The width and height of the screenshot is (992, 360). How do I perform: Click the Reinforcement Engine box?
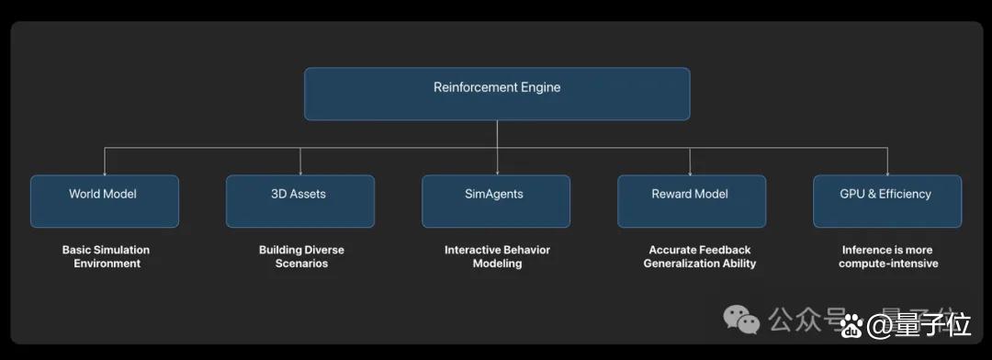pos(497,94)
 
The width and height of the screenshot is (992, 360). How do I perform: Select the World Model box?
pos(105,201)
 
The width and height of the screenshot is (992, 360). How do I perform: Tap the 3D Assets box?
pos(299,201)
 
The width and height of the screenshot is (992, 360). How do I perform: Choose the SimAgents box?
pos(496,201)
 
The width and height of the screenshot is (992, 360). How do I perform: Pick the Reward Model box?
pos(692,201)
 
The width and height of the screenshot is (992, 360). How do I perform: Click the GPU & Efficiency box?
pos(887,201)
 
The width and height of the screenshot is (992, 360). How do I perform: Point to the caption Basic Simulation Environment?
pos(107,256)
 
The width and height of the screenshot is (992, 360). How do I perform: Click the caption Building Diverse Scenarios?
pos(302,256)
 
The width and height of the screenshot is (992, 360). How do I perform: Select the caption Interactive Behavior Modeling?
pos(497,256)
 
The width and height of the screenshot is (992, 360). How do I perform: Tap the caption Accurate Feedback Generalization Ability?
pos(700,256)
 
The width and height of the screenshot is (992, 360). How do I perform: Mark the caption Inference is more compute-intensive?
pos(887,256)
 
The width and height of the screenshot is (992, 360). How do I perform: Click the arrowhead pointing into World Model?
pos(105,172)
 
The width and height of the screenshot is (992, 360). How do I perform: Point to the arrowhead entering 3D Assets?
pos(299,172)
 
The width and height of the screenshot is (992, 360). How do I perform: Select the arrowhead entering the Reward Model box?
pos(690,172)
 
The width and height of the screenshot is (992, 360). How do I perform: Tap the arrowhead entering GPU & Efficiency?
pos(887,172)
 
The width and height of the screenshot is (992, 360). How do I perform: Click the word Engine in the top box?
pos(540,88)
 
